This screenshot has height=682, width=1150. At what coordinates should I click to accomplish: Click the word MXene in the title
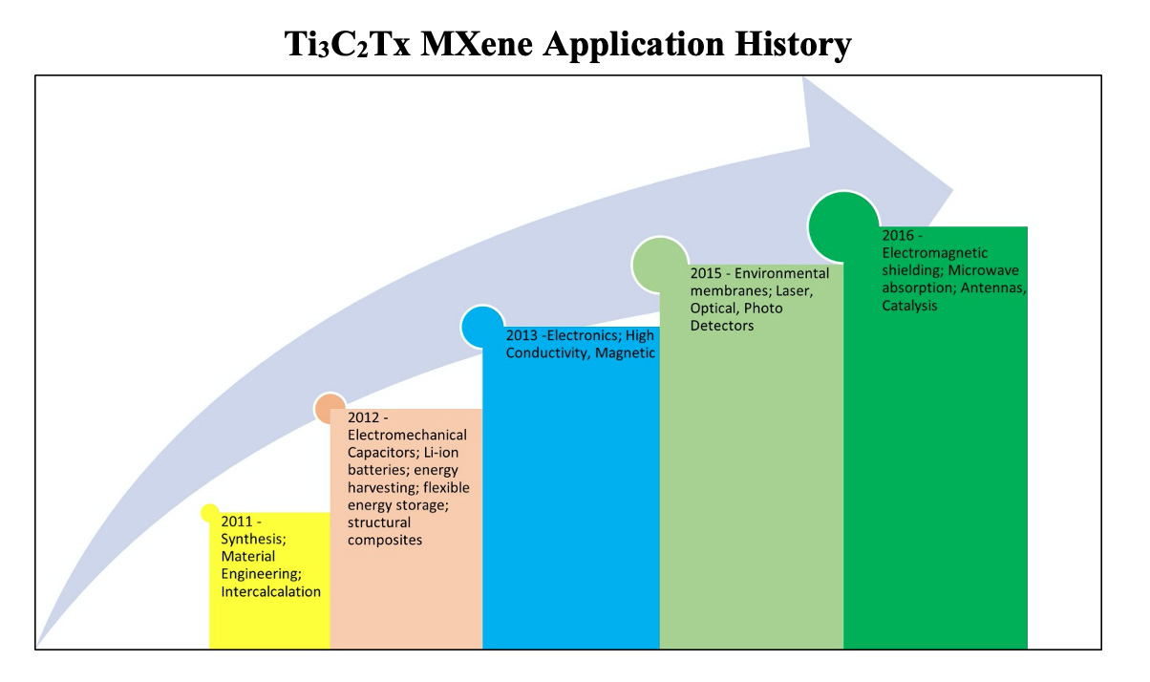pyautogui.click(x=477, y=44)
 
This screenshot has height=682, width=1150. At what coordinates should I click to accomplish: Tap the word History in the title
pyautogui.click(x=793, y=45)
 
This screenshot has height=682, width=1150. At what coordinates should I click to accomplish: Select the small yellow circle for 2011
pyautogui.click(x=209, y=513)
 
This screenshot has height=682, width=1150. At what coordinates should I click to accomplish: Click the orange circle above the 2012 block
pyautogui.click(x=329, y=408)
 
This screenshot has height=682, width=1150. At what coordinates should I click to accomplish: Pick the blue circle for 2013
pyautogui.click(x=482, y=327)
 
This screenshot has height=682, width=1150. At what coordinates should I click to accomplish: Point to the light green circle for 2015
pyautogui.click(x=660, y=265)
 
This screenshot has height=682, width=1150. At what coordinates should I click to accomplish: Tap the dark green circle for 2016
pyautogui.click(x=844, y=226)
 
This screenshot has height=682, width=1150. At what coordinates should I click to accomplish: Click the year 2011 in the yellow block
pyautogui.click(x=237, y=522)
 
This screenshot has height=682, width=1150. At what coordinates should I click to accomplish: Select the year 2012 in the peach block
pyautogui.click(x=364, y=417)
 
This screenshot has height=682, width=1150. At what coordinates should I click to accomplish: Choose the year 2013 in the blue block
pyautogui.click(x=522, y=335)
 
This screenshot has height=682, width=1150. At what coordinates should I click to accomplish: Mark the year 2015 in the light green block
pyautogui.click(x=706, y=273)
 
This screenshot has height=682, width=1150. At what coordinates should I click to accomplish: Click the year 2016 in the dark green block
pyautogui.click(x=898, y=235)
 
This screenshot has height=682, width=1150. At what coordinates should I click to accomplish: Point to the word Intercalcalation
pyautogui.click(x=270, y=591)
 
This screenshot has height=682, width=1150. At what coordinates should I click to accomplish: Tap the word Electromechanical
pyautogui.click(x=407, y=435)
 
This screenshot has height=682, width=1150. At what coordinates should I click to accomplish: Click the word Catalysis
pyautogui.click(x=909, y=306)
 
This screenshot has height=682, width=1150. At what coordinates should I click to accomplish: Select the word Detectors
pyautogui.click(x=722, y=326)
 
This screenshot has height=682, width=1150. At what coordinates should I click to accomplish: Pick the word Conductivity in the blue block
pyautogui.click(x=546, y=352)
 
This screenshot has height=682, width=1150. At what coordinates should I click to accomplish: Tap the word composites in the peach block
pyautogui.click(x=385, y=540)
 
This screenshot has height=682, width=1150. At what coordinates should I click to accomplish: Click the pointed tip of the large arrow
pyautogui.click(x=953, y=190)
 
